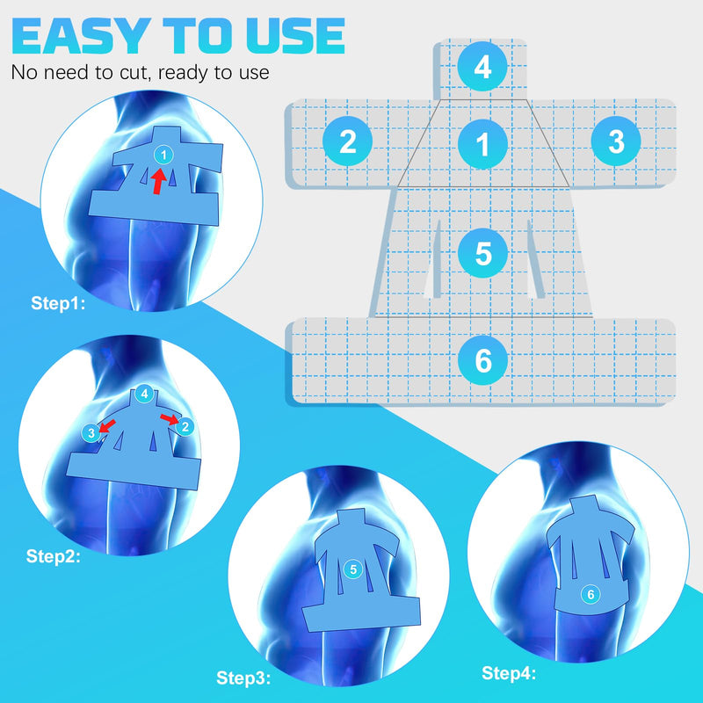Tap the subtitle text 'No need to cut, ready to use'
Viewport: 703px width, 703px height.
click(x=140, y=72)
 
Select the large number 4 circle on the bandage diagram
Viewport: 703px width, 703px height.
click(x=482, y=68)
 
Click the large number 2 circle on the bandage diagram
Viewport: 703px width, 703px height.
click(x=348, y=141)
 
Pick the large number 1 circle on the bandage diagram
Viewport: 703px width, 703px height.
click(x=482, y=141)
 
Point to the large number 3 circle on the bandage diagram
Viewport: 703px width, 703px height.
click(x=616, y=141)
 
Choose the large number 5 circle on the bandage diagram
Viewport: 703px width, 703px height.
click(x=482, y=253)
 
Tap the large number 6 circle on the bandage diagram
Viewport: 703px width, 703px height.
click(x=482, y=359)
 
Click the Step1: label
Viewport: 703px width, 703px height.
click(x=58, y=305)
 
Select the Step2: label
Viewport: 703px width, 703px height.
click(x=54, y=555)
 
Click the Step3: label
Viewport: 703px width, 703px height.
click(x=243, y=678)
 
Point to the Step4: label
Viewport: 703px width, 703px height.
click(x=509, y=673)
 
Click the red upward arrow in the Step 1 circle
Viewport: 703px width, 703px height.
click(x=157, y=181)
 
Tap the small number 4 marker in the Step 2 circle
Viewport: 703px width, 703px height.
click(x=143, y=395)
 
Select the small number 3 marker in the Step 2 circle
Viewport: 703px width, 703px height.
click(x=91, y=431)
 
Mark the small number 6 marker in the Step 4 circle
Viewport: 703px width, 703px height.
click(x=591, y=595)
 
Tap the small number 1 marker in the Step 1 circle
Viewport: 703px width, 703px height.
click(x=162, y=155)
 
